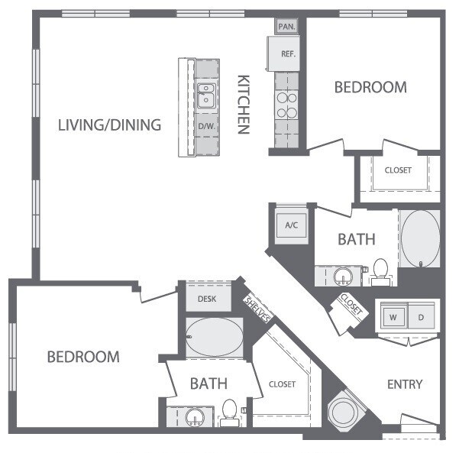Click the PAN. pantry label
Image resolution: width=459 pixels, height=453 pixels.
[x=286, y=26]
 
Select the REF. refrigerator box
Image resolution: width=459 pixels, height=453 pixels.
[x=288, y=54]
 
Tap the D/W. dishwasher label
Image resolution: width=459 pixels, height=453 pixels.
[x=205, y=125]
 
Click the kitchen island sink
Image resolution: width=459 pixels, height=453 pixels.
[x=205, y=96]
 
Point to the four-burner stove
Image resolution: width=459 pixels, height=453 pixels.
[x=286, y=105]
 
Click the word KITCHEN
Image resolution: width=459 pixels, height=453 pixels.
[x=244, y=104]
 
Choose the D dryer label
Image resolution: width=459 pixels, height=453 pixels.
[x=421, y=316]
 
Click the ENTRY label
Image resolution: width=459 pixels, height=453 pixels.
[x=405, y=384]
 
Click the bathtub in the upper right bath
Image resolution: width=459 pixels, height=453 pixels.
[x=419, y=239]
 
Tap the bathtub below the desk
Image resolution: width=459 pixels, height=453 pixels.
[x=215, y=336]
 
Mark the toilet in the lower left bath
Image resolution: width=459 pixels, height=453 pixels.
[x=228, y=413]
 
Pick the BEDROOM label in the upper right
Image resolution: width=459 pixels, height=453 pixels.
[x=370, y=87]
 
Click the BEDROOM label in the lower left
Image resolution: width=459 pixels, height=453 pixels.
[x=83, y=357]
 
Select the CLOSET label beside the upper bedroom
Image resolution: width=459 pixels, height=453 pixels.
[x=398, y=170]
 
